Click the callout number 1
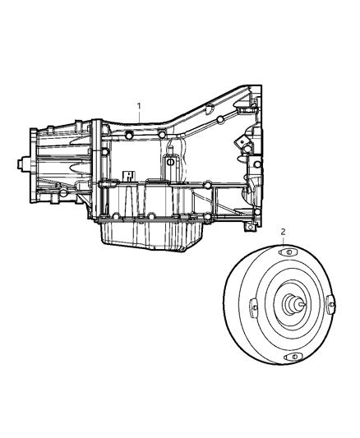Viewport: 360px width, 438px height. tap(140, 107)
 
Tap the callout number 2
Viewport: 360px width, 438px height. tap(284, 233)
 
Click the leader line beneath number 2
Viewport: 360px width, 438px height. tap(284, 245)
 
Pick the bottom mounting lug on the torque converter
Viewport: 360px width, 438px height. tap(291, 357)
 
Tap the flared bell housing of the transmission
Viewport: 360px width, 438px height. tap(238, 148)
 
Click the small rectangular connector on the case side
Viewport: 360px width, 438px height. tap(128, 175)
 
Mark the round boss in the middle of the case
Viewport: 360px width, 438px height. tap(170, 162)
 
